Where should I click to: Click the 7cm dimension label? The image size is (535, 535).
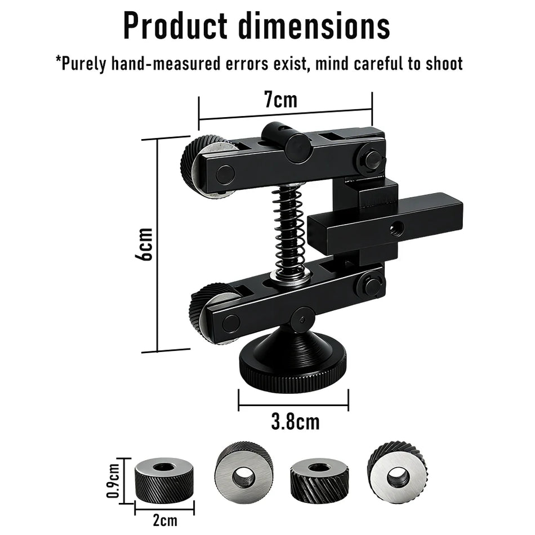[281, 100]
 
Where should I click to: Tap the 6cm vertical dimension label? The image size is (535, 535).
[144, 244]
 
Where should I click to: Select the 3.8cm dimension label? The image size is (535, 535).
[296, 422]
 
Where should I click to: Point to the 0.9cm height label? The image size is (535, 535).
[114, 480]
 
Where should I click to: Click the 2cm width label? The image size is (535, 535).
[165, 520]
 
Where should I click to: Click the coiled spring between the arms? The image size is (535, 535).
[288, 229]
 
